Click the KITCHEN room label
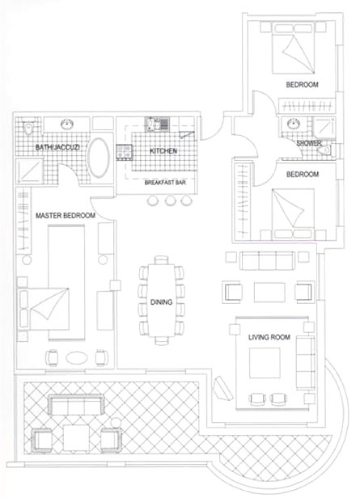coord(163,151)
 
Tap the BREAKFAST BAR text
coord(165,183)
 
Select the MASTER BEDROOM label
coord(66,216)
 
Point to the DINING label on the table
coord(162,302)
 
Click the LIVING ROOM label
coord(269,337)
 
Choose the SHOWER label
coord(309,143)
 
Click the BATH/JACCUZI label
coord(57,147)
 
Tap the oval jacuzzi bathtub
coord(99,158)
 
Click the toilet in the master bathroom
coord(28,128)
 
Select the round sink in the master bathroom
coord(67,124)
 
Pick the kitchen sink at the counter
coord(157,124)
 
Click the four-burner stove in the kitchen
coord(125,152)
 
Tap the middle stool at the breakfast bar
coord(171,200)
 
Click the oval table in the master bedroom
coord(76,357)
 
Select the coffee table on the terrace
coord(76,437)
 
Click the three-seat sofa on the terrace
coord(76,404)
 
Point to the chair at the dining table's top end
coord(162,259)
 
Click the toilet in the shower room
coord(325,150)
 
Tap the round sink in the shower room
coord(293,124)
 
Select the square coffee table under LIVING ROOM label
coord(265,363)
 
